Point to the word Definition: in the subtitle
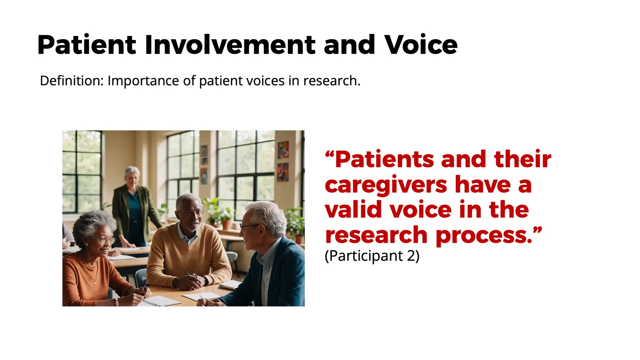(x=72, y=81)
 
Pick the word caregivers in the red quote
(x=386, y=185)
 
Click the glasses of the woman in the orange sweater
(x=105, y=240)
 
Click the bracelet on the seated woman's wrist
(x=117, y=302)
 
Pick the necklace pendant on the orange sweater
(x=95, y=284)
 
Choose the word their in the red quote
(x=523, y=159)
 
